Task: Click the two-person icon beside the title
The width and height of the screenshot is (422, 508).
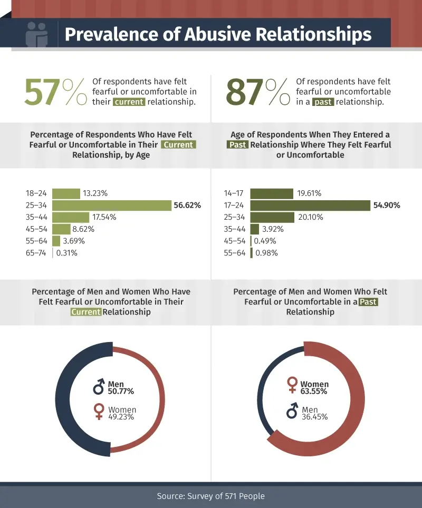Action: pos(36,35)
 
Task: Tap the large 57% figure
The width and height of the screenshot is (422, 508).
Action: pos(55,92)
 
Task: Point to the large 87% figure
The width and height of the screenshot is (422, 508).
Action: pos(258,92)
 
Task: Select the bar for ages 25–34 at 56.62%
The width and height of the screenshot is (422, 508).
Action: pos(111,206)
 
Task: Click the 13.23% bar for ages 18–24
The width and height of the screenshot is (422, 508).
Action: pos(66,193)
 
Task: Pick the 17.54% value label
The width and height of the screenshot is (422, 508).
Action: pos(104,217)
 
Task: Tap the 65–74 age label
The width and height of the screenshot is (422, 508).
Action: pos(36,253)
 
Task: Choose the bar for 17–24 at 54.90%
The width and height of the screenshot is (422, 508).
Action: pos(310,206)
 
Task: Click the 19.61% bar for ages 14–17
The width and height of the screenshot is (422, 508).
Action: pos(272,193)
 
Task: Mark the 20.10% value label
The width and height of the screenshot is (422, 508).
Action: pos(311,217)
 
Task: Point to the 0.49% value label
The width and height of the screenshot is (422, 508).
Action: pos(266,241)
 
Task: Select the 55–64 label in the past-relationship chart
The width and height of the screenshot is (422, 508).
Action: pos(235,253)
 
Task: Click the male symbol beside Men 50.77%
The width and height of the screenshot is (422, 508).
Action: pos(99,388)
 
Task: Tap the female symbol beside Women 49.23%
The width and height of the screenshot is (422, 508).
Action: pos(99,412)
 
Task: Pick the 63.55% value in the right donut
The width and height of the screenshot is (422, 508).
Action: pos(314,392)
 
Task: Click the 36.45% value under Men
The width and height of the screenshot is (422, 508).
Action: pos(314,416)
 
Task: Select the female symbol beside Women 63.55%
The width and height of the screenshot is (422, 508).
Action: pos(292,385)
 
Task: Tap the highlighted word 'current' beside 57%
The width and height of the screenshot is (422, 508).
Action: pos(129,102)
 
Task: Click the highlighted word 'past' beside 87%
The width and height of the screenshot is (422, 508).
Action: pos(323,102)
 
